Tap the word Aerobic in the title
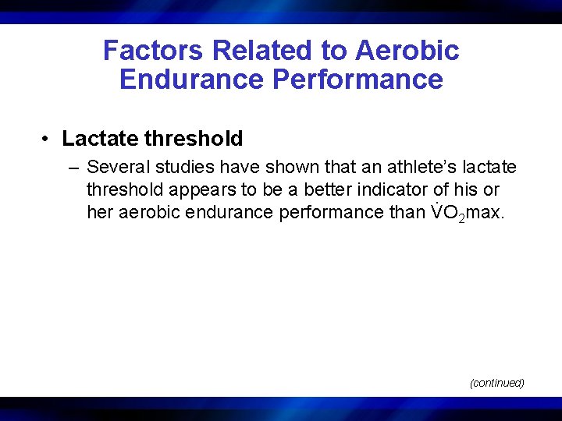click(407, 51)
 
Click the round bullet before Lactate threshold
click(48, 140)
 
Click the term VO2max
click(467, 213)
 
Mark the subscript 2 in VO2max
click(462, 218)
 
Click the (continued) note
click(496, 383)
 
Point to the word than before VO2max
click(407, 213)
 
